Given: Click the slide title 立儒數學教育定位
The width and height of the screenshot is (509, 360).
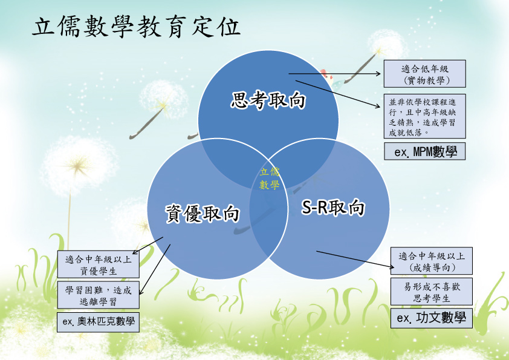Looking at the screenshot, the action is (x=137, y=27).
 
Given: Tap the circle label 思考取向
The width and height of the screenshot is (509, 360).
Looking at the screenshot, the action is (x=268, y=100).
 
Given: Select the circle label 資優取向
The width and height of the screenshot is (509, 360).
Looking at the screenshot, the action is (x=203, y=214).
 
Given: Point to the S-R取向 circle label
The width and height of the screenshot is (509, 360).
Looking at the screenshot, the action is (x=333, y=207).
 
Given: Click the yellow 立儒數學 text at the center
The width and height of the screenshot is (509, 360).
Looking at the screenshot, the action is (x=270, y=178).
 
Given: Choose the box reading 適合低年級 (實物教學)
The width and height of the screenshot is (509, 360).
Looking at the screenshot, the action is (x=424, y=74).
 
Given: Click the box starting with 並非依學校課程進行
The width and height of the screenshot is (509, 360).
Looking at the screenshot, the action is (x=424, y=116).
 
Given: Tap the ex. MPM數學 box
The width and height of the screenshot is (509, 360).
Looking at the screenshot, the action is (x=424, y=151).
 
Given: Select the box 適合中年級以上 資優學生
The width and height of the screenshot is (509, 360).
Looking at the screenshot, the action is (x=99, y=264).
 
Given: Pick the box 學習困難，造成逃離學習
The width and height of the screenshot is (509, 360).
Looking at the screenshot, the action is (x=99, y=295).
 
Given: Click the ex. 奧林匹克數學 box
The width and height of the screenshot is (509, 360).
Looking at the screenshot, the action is (x=98, y=322).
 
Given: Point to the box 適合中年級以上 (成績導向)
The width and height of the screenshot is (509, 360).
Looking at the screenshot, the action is (x=432, y=261).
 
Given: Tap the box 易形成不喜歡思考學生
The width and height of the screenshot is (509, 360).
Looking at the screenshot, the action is (x=432, y=292).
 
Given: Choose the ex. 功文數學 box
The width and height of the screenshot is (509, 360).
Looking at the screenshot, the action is (x=432, y=318).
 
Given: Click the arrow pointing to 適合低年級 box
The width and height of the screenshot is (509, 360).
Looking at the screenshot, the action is (x=334, y=74).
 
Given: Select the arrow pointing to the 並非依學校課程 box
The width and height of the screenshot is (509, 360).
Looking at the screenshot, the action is (x=337, y=94).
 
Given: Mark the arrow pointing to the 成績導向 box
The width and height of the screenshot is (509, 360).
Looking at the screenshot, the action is (x=355, y=260).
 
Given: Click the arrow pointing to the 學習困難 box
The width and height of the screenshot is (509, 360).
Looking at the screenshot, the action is (x=155, y=270).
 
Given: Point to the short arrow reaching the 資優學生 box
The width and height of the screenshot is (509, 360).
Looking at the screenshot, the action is (x=148, y=245).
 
